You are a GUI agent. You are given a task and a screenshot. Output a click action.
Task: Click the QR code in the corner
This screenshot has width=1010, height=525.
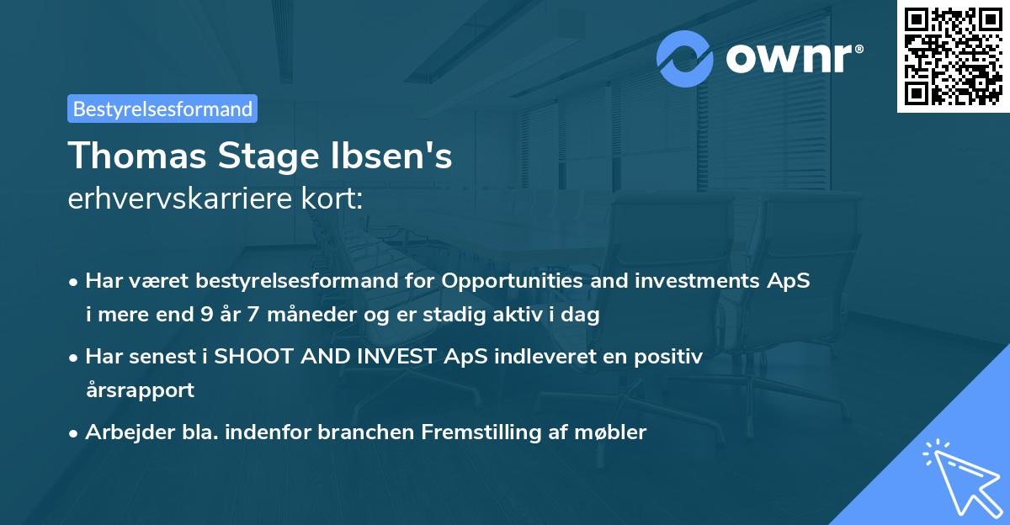pos(953,56)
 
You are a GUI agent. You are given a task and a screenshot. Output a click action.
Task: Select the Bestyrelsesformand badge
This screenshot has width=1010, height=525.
pos(162,109)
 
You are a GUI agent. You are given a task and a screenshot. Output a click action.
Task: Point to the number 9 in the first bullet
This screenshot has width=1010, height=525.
pos(205,316)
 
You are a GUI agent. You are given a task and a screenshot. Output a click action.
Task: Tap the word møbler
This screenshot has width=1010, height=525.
pos(613,432)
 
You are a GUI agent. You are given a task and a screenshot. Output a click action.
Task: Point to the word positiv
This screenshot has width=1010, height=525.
pos(668,357)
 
